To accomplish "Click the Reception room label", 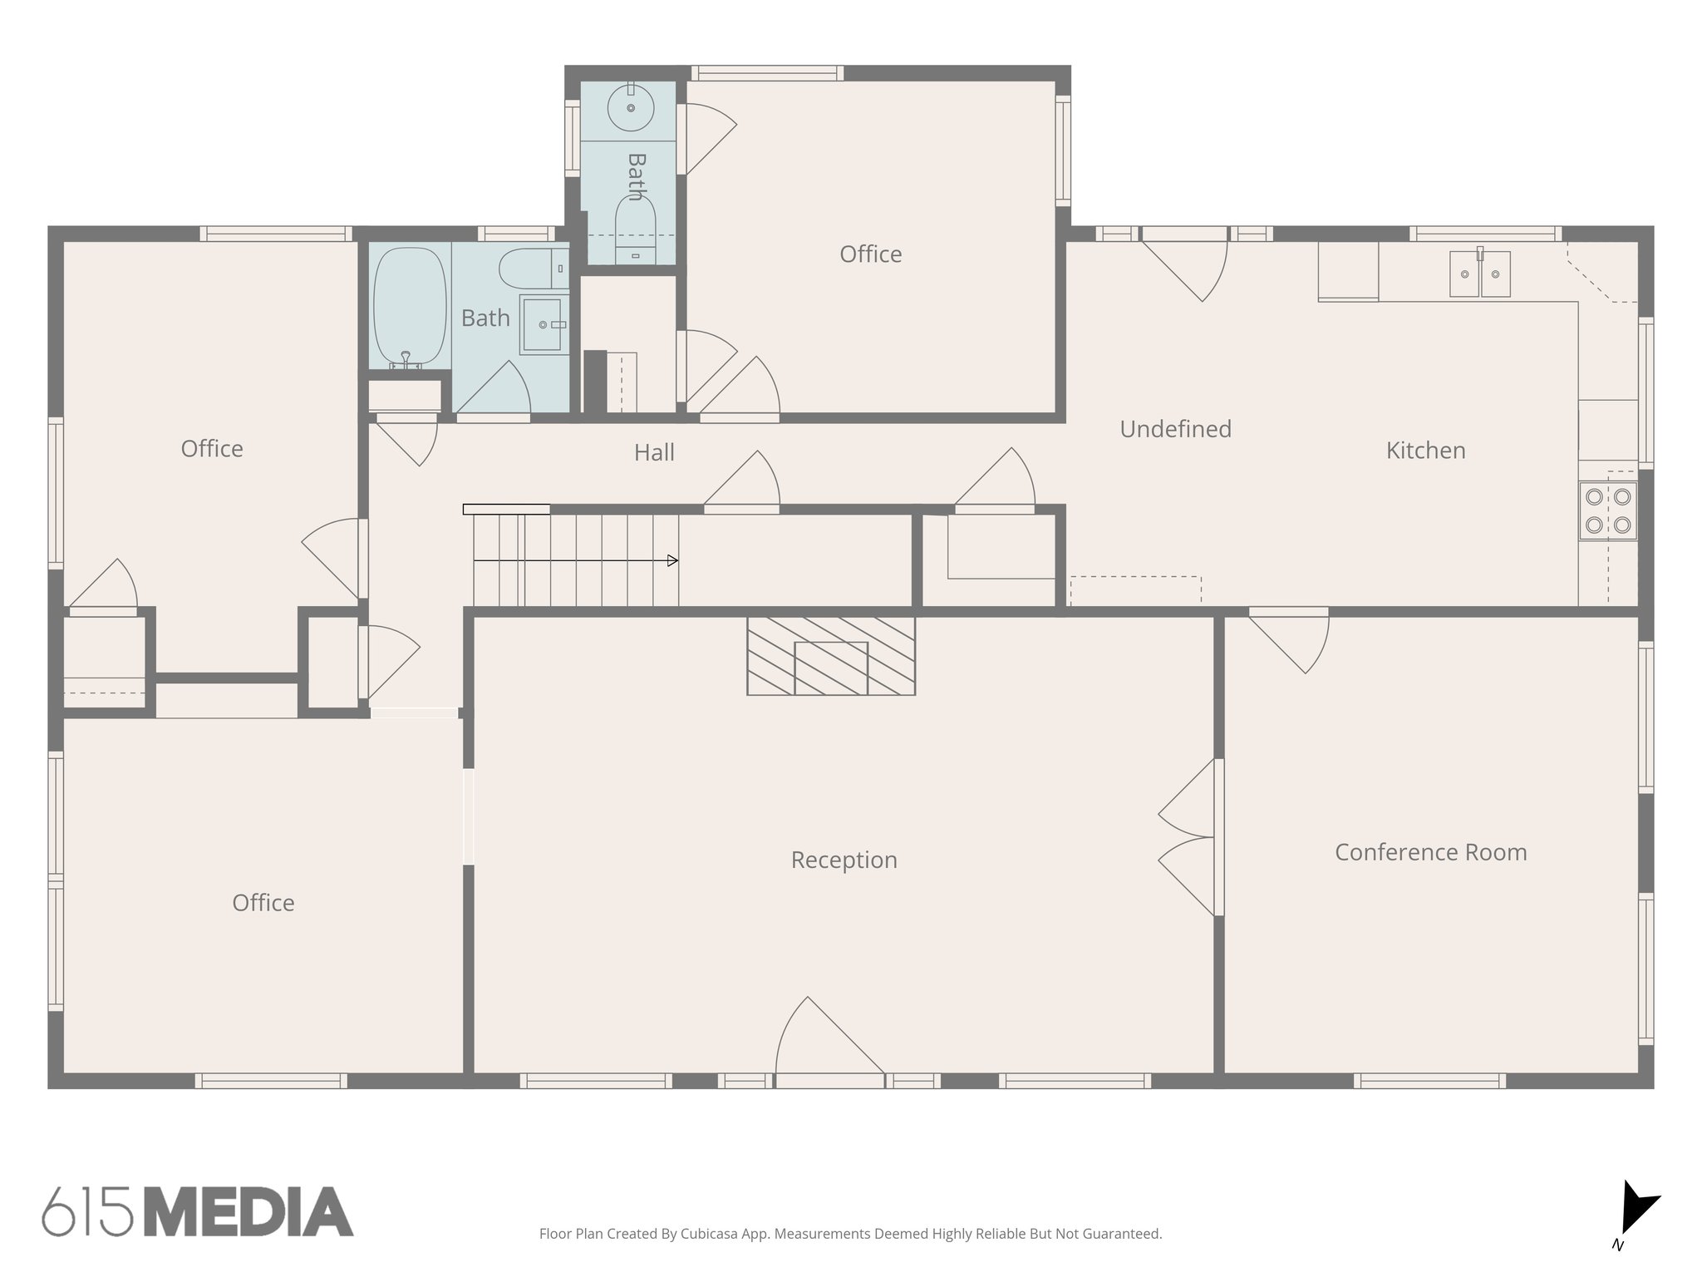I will (x=844, y=860).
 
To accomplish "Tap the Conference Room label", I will (x=1430, y=852).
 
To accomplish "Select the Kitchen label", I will (x=1425, y=451).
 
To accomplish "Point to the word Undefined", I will (x=1175, y=429).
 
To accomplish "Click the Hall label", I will (x=654, y=452).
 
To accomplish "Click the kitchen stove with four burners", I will (x=1608, y=510).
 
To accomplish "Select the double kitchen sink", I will (x=1479, y=274).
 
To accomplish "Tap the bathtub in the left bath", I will (x=410, y=308).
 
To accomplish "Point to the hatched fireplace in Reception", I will (x=831, y=656).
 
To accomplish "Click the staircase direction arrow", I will (x=671, y=560).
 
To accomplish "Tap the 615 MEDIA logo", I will (x=198, y=1211).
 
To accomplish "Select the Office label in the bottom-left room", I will (x=263, y=903).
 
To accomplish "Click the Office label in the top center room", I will (x=870, y=254).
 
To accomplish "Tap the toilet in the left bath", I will (x=532, y=268).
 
